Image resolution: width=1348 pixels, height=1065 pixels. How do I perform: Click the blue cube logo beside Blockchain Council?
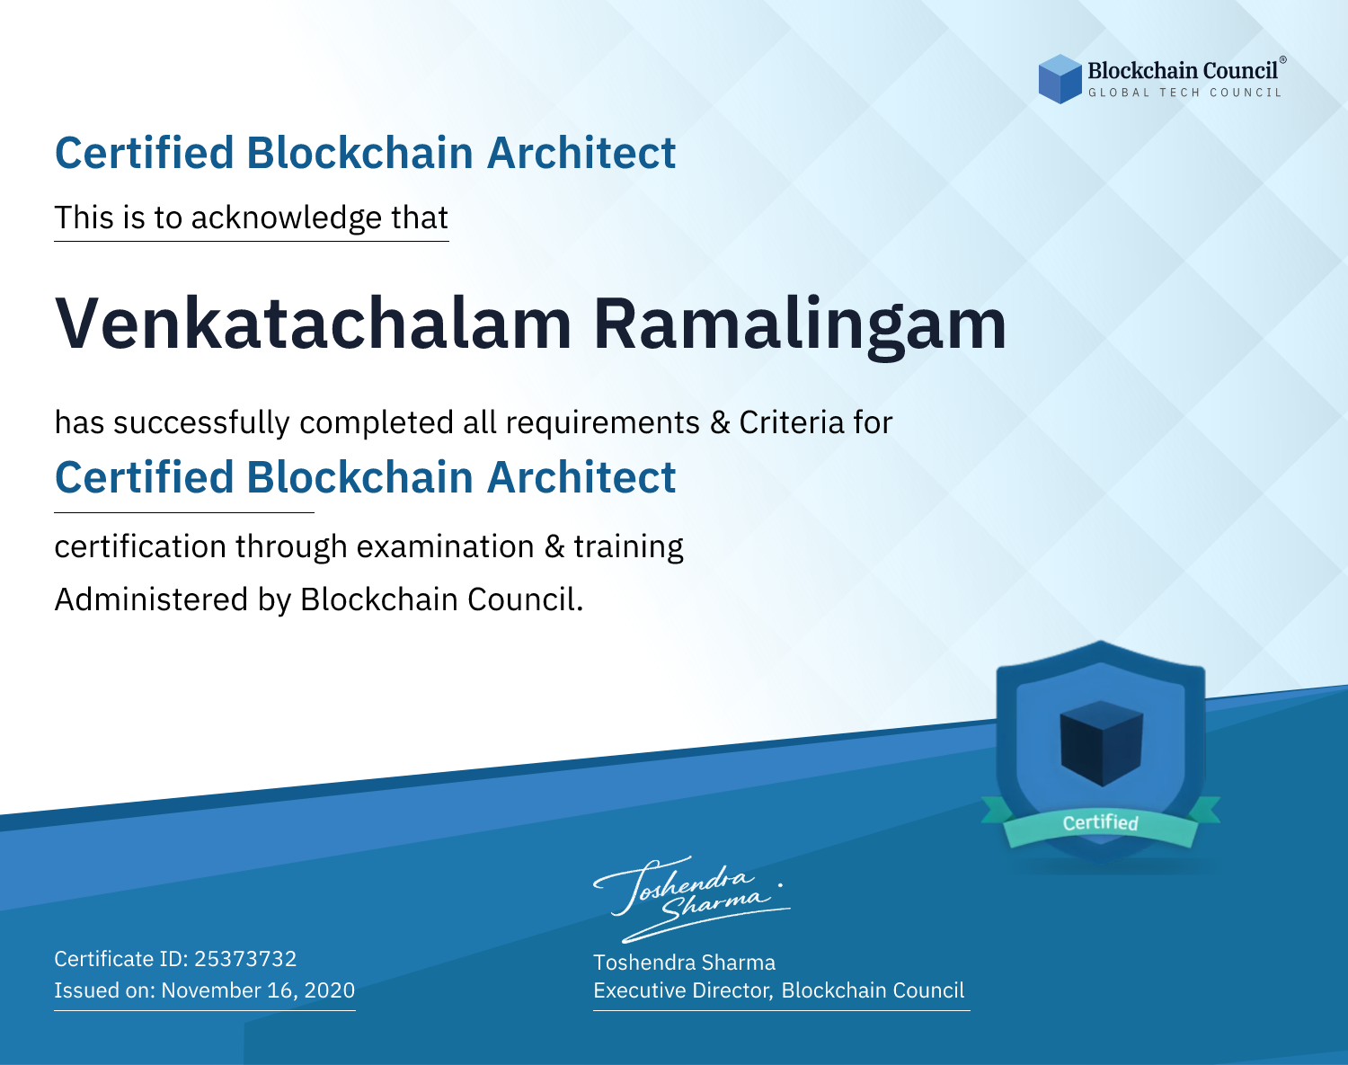1060,79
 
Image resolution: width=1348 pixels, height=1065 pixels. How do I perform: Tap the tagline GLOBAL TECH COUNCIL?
1185,93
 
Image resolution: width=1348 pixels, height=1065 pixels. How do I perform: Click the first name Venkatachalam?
314,324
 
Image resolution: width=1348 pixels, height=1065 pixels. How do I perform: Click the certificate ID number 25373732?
245,958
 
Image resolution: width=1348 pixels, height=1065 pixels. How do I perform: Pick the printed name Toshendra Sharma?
684,963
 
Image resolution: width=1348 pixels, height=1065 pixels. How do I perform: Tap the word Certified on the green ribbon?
1101,822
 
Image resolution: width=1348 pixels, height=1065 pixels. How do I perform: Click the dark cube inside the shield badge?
1101,743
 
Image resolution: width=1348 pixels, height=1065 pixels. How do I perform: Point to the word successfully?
201,423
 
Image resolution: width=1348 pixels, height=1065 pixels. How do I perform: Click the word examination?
446,546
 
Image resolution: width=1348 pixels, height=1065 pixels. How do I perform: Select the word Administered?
152,599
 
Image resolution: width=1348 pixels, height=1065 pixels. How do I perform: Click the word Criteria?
791,422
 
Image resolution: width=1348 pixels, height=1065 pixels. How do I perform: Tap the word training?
629,547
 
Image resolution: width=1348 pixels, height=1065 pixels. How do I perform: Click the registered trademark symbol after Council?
1283,60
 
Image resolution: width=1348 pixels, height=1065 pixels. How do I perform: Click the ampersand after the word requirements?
720,423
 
